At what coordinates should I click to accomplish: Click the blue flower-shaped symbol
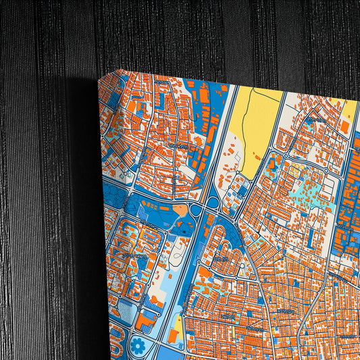pyautogui.click(x=138, y=346)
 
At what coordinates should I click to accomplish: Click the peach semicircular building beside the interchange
pyautogui.click(x=180, y=211)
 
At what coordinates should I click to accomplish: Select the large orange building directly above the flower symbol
pyautogui.click(x=145, y=319)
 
